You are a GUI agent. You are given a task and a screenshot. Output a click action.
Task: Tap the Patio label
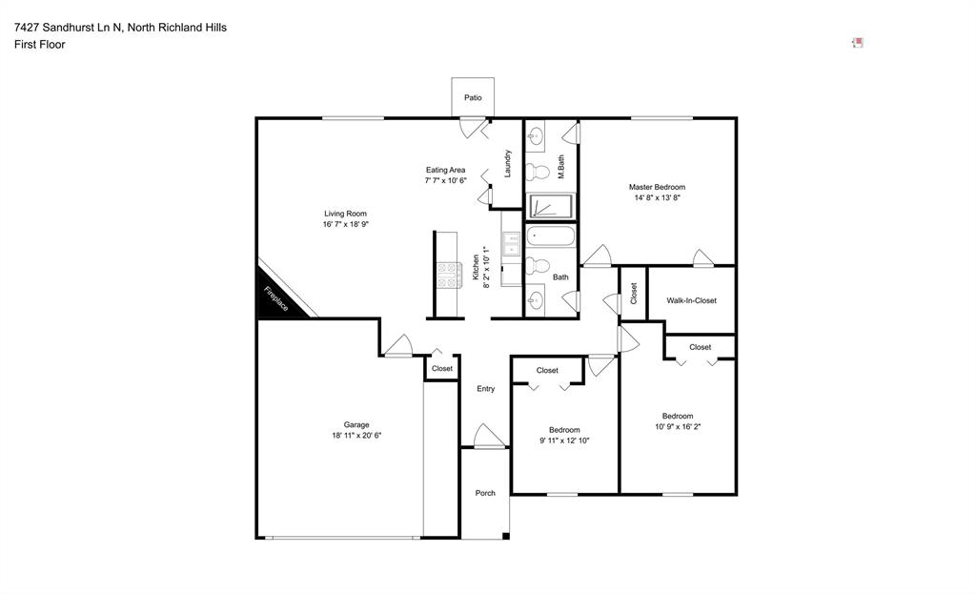[x=473, y=97]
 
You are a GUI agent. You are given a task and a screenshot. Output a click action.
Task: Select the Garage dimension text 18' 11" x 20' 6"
[x=356, y=435]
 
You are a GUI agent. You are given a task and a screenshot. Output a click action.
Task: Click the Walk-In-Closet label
[x=691, y=300]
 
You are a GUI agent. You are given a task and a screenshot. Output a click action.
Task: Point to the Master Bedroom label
[x=657, y=187]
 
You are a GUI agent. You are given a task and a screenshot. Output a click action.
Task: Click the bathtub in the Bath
[x=550, y=236]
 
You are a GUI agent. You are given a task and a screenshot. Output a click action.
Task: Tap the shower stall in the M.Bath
[x=550, y=206]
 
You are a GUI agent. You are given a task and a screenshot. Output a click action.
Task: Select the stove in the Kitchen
[x=449, y=275]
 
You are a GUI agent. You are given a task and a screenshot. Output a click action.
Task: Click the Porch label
[x=485, y=493]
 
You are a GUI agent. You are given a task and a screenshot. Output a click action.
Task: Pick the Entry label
[x=485, y=388]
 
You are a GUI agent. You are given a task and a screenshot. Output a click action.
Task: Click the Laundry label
[x=508, y=163]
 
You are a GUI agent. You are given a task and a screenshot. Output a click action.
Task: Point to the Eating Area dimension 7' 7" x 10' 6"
[x=445, y=180]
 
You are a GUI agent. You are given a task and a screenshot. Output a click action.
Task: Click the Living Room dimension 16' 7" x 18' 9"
[x=345, y=224]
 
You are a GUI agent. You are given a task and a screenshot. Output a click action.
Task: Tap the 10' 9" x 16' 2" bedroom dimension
[x=678, y=426]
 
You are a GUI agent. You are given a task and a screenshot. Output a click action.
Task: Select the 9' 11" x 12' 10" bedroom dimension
[x=563, y=440]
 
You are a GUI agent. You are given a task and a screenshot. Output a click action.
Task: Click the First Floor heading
[x=40, y=44]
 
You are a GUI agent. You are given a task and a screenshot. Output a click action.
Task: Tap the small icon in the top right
[x=858, y=42]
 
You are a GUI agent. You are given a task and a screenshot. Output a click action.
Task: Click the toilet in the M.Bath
[x=539, y=173]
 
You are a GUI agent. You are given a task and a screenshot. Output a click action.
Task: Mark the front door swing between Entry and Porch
[x=487, y=437]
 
